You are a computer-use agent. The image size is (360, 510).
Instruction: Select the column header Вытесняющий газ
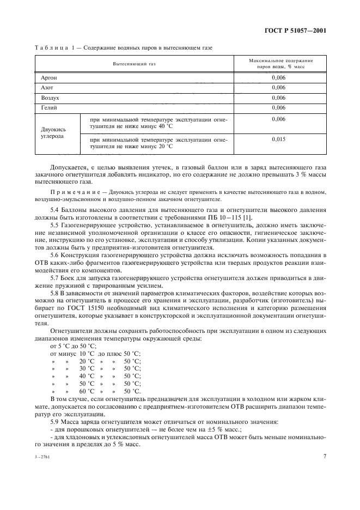pyautogui.click(x=134, y=64)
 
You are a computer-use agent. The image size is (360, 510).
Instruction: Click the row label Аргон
pyautogui.click(x=49, y=77)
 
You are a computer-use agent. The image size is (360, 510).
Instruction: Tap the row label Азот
pyautogui.click(x=47, y=87)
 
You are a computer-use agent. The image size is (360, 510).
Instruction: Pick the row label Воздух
pyautogui.click(x=50, y=98)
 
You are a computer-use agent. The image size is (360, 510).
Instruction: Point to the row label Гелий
pyautogui.click(x=49, y=108)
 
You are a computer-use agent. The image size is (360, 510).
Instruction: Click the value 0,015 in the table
pyautogui.click(x=278, y=139)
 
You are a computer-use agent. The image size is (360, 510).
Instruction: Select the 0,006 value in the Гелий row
pyautogui.click(x=278, y=108)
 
